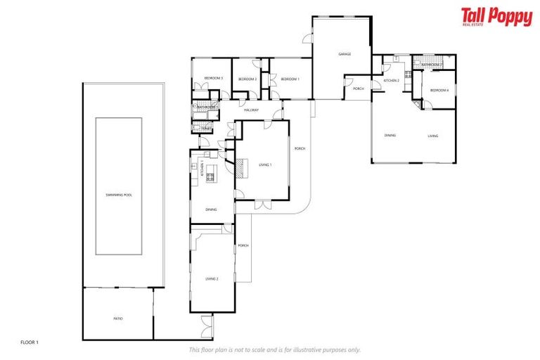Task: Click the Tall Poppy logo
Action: [x=496, y=17]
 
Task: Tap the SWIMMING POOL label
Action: [x=119, y=194]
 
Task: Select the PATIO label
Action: [x=118, y=319]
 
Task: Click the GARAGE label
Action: [x=345, y=54]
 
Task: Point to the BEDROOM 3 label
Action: [x=214, y=79]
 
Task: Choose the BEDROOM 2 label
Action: [x=247, y=79]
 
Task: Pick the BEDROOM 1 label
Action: [x=290, y=79]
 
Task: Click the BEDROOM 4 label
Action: [x=439, y=90]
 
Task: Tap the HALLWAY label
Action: [x=251, y=110]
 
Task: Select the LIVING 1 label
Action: [x=265, y=165]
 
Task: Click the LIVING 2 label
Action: [x=212, y=279]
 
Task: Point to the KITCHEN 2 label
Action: [x=391, y=81]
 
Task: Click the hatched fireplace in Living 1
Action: [x=239, y=166]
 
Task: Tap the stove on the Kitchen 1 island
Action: [x=210, y=177]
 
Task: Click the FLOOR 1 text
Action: [x=29, y=342]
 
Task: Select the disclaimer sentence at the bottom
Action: [x=274, y=349]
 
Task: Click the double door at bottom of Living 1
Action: [x=261, y=205]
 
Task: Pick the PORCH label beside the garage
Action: [x=359, y=89]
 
